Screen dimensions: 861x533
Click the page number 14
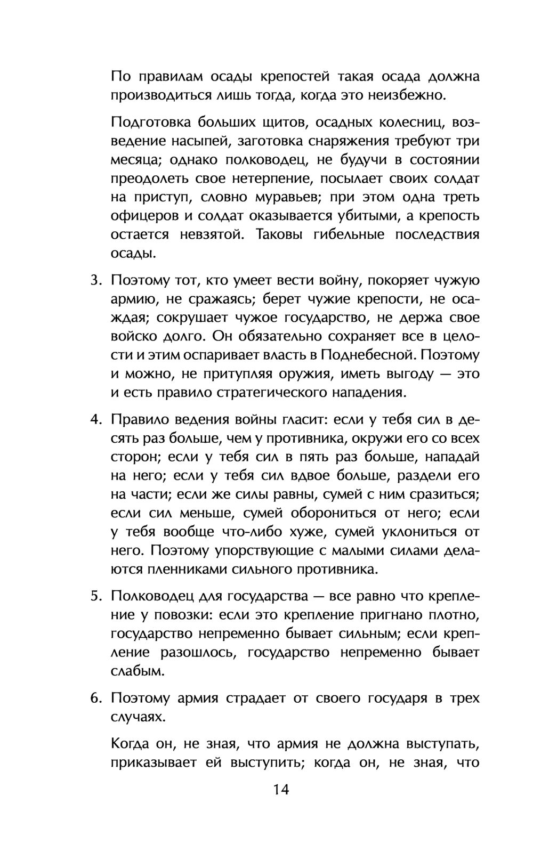pyautogui.click(x=281, y=789)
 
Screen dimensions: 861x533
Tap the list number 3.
pyautogui.click(x=95, y=280)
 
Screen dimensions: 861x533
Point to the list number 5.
pyautogui.click(x=95, y=596)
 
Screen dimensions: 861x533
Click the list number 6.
pyautogui.click(x=95, y=698)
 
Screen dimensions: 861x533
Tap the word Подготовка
pyautogui.click(x=144, y=123)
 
